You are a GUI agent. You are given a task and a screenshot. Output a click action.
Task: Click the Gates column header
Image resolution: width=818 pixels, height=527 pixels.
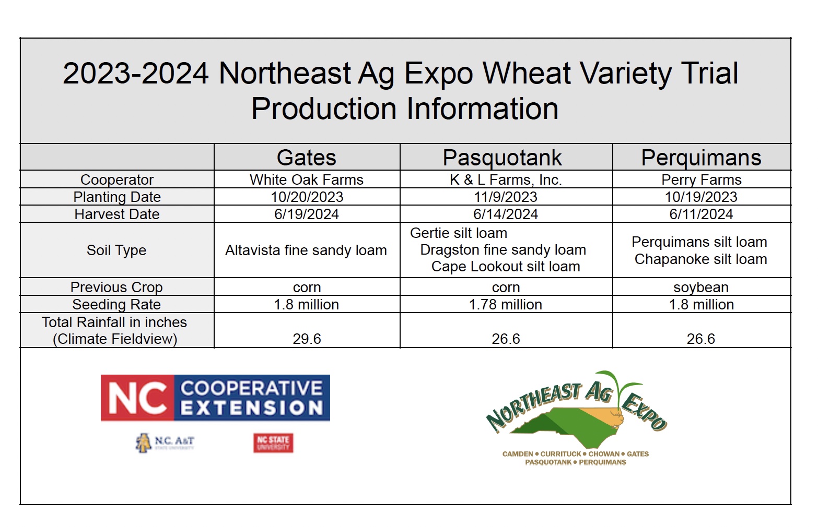(307, 158)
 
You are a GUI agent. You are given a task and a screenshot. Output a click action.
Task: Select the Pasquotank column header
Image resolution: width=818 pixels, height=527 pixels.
(502, 158)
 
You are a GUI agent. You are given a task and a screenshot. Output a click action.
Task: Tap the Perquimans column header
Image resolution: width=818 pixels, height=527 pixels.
(701, 158)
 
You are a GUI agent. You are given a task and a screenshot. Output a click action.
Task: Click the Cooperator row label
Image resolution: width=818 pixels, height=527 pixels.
(117, 180)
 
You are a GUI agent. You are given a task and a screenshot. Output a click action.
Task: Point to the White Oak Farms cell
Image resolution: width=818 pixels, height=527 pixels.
(307, 180)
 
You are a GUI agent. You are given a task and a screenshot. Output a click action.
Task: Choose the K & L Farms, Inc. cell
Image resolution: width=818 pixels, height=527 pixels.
(506, 180)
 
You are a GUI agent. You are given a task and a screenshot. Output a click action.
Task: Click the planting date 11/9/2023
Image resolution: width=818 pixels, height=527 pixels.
(506, 197)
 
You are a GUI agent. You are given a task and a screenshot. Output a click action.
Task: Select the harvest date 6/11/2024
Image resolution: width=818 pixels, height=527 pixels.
(701, 214)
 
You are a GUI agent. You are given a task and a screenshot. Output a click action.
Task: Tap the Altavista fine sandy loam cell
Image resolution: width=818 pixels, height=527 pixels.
(306, 250)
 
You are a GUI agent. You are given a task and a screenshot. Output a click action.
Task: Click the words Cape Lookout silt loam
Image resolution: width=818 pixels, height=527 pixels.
(506, 267)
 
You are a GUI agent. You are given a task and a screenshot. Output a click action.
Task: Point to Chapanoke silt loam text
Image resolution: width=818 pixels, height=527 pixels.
(701, 259)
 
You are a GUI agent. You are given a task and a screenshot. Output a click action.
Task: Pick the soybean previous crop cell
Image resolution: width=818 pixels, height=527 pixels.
(701, 288)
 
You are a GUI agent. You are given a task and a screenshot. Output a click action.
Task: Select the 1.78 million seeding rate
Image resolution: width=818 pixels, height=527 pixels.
(506, 305)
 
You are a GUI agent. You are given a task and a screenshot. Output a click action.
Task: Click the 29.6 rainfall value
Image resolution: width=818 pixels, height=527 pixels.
(307, 339)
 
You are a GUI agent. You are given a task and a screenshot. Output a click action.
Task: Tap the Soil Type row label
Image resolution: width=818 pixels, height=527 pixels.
(116, 250)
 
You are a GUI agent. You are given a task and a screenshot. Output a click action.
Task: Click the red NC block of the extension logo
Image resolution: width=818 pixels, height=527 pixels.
(138, 398)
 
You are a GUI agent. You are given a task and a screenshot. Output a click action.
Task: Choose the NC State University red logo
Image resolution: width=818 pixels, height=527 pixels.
(273, 443)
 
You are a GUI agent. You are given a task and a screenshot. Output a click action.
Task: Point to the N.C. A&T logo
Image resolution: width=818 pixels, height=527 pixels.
(165, 443)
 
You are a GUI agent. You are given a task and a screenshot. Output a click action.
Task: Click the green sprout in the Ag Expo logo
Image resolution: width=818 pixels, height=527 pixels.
(621, 387)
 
